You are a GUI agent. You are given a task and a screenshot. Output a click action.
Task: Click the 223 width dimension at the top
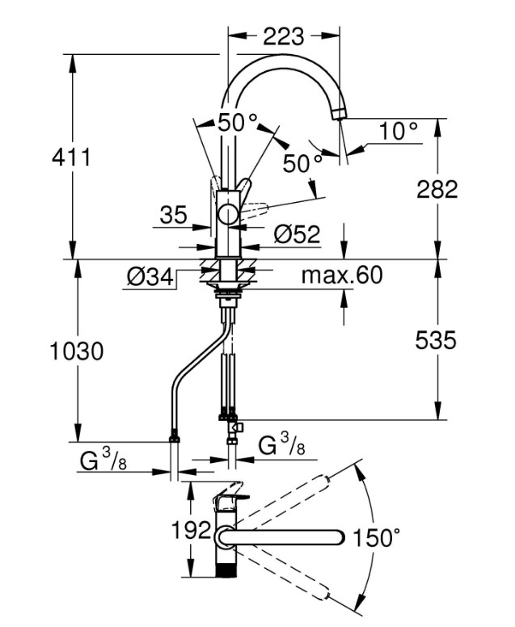pos(283,36)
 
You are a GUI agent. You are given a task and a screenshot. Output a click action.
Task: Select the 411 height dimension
pos(72,157)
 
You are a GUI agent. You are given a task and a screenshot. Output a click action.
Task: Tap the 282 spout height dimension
pos(437,189)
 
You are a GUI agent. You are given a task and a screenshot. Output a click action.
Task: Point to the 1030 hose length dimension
pos(77,351)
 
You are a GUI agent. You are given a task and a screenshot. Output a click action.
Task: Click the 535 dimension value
pos(436,341)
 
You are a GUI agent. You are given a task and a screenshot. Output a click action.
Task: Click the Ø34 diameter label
pos(150,276)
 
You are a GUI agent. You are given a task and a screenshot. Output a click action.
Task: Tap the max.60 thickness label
pos(342,275)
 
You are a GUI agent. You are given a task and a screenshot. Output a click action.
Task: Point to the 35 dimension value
pos(173,215)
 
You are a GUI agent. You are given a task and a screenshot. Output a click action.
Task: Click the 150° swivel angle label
pos(376,537)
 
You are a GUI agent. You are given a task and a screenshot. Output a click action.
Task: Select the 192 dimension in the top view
pos(192,531)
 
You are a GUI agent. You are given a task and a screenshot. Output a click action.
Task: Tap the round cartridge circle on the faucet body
pos(228,213)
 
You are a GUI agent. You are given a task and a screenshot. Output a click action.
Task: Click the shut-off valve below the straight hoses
pos(235,428)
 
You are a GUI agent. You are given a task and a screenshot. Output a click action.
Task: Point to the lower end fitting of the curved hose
pos(175,436)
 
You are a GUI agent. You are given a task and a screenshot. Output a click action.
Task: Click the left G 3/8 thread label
pos(103,460)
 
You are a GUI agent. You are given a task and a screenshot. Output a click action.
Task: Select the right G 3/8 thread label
pos(281,444)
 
